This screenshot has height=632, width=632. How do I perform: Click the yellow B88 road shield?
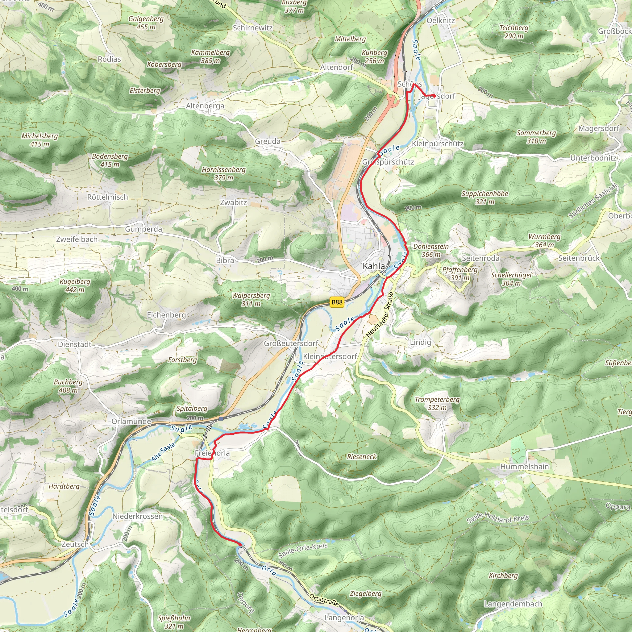[337, 302]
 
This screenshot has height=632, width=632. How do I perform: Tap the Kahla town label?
[374, 266]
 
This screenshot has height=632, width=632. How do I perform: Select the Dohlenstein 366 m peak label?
[431, 250]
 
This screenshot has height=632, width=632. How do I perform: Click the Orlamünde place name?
[131, 421]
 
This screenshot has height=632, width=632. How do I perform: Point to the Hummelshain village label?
[524, 467]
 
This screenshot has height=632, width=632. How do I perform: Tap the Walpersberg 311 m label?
[251, 299]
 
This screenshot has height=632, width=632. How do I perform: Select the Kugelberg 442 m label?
[75, 285]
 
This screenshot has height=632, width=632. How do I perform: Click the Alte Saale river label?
[163, 452]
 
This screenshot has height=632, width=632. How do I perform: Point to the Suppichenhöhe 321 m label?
[484, 197]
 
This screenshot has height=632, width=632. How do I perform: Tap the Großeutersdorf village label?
[291, 343]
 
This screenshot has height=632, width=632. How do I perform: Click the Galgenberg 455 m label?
[146, 23]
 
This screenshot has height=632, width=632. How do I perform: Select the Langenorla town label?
[344, 617]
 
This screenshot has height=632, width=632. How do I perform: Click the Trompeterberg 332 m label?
[437, 403]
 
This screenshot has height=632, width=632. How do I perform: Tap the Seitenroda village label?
[480, 258]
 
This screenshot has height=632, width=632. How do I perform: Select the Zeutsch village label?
[75, 544]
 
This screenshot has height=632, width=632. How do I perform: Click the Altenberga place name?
[205, 106]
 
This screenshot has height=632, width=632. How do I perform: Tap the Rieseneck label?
[362, 457]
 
